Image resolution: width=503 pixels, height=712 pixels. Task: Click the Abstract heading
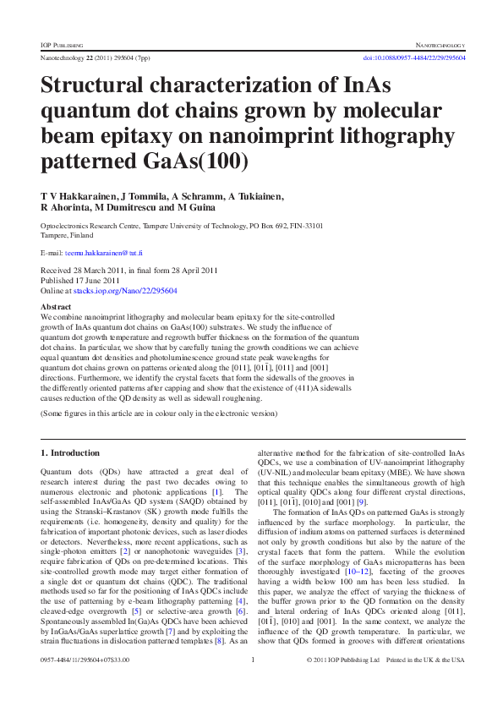pyautogui.click(x=56, y=306)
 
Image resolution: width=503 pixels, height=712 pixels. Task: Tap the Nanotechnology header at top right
pyautogui.click(x=435, y=43)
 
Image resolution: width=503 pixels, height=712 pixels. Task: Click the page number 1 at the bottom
pyautogui.click(x=253, y=682)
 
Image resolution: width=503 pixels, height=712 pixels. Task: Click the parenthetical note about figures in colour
pyautogui.click(x=159, y=414)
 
